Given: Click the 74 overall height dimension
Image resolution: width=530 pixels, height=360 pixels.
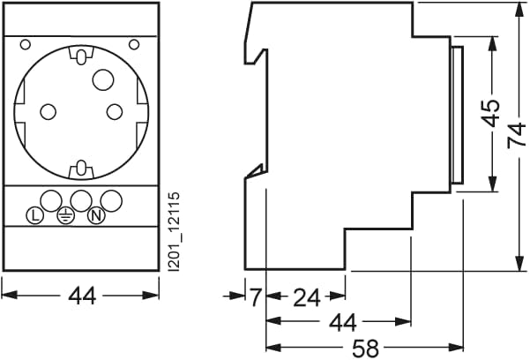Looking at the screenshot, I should [x=516, y=135].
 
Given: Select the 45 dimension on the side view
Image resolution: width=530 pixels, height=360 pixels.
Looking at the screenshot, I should [x=491, y=113].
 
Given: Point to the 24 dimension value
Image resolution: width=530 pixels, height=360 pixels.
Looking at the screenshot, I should [x=306, y=297].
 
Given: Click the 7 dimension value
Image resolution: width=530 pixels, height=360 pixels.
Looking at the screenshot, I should [x=256, y=297].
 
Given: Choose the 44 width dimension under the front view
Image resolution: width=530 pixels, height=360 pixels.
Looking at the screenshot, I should [x=81, y=297].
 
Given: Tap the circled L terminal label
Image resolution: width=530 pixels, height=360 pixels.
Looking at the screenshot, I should [x=34, y=214].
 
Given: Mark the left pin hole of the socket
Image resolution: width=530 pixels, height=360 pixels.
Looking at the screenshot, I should [x=48, y=112].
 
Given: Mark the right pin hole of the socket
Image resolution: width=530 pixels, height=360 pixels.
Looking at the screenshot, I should [x=114, y=112].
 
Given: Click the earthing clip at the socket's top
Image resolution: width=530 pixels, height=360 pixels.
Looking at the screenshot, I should [x=81, y=58].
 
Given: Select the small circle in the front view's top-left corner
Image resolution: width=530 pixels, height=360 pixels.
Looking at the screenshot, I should [x=26, y=44].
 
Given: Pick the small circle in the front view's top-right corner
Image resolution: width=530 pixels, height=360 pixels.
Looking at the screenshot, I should [x=134, y=44].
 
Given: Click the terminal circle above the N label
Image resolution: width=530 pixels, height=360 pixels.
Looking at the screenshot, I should [x=110, y=198].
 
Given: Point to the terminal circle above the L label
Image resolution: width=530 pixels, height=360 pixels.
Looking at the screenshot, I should [x=50, y=198].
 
